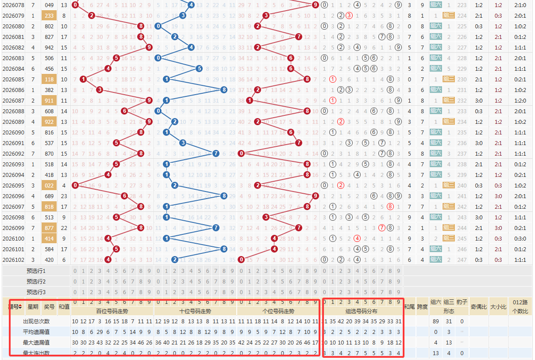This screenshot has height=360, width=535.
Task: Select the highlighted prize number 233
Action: coord(50,15)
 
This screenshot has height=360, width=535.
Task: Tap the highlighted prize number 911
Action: coord(50,100)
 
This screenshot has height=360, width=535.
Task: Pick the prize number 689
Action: coord(50,196)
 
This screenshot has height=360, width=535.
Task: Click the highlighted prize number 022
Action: coord(50,185)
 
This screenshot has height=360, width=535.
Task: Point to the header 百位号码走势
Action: coord(112,311)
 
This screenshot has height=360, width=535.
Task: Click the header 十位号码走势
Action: coord(195,311)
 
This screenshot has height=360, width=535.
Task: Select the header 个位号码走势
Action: coord(277,311)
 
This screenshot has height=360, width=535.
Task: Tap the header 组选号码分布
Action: coord(362,311)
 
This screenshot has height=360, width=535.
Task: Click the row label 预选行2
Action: coord(36,281)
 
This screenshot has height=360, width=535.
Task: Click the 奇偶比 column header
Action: coord(478,306)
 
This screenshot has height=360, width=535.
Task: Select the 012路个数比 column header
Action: coord(521,306)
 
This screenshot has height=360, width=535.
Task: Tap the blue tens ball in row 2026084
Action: coord(199,69)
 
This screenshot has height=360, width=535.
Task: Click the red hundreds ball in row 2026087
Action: coord(149,100)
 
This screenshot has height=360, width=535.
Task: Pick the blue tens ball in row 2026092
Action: coord(216,153)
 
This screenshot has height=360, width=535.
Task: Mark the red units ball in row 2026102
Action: coord(241,260)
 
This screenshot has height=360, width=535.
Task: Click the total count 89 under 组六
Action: coord(436,322)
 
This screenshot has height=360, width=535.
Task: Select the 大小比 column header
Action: coord(498,306)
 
